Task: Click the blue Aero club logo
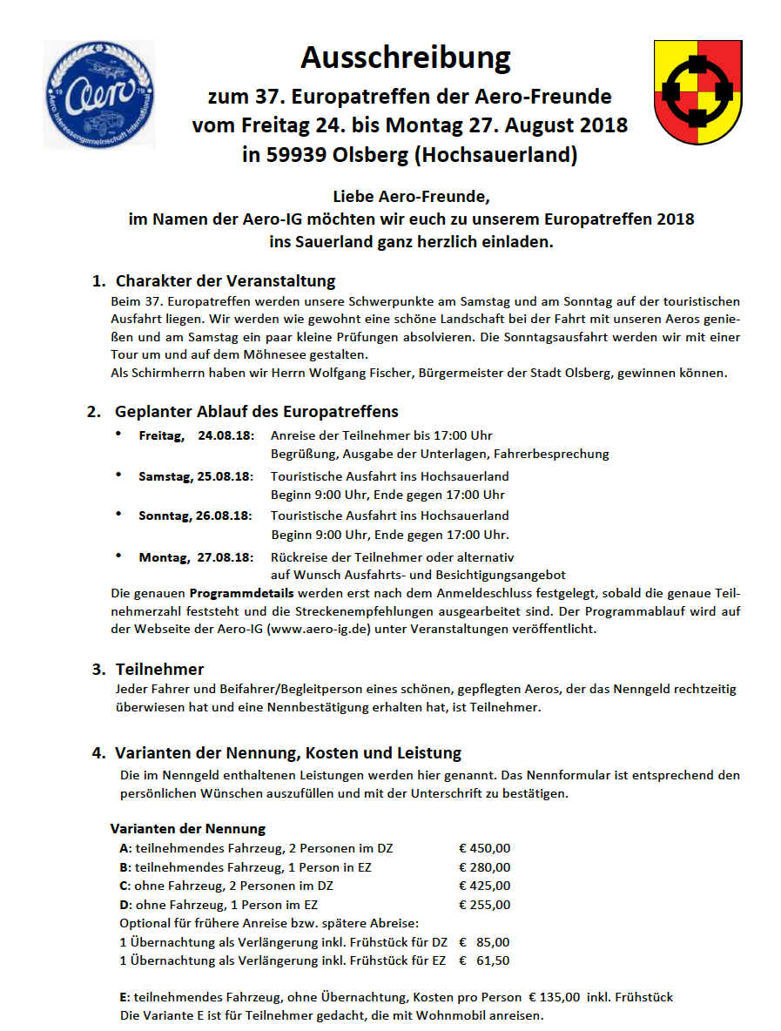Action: point(98,95)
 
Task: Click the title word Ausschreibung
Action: point(405,58)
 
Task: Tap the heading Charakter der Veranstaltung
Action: point(226,281)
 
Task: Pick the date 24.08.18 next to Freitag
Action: point(225,435)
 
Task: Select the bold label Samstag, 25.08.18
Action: point(195,476)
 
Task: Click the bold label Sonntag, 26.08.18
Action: point(195,515)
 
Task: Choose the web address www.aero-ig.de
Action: point(323,629)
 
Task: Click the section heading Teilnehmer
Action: point(159,670)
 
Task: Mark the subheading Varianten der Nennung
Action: point(187,828)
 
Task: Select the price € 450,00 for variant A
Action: point(485,848)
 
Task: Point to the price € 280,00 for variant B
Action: point(485,867)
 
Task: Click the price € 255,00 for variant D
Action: point(485,905)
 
